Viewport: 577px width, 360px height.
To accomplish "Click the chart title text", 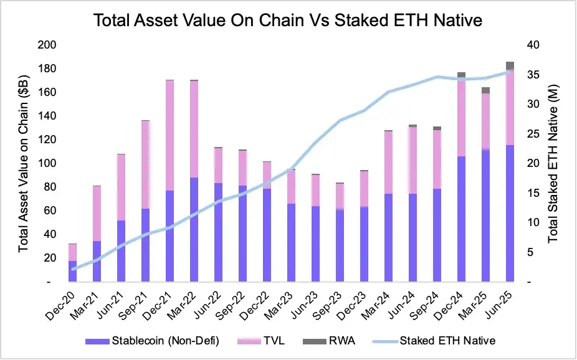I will (x=288, y=21).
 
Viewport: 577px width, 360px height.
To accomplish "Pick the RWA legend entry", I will (x=333, y=340).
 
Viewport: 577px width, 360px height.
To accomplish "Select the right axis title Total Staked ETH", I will (x=553, y=164).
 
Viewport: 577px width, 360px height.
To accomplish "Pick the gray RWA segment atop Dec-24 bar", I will (x=461, y=75).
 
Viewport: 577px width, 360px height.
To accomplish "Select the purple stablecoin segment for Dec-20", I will (x=72, y=272).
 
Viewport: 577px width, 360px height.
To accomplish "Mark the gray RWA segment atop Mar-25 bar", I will (x=485, y=90).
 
